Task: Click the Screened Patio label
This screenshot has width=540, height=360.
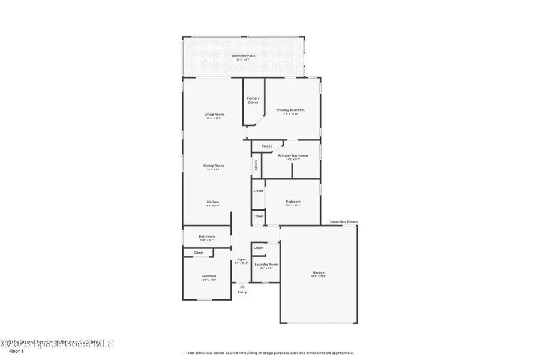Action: coord(243,56)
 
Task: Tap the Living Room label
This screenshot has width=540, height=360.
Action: coord(214,114)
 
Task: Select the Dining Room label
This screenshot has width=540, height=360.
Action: coord(214,165)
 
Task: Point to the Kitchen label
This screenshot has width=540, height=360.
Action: coord(213,202)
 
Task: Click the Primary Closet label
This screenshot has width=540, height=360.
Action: coord(253,100)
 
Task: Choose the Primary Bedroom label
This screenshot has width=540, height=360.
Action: coord(290,110)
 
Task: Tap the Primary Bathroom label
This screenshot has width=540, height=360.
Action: coord(293,155)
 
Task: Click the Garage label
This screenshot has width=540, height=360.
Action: coord(318,272)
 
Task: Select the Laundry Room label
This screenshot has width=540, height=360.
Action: coord(266,264)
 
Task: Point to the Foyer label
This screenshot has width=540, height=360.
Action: coord(241,260)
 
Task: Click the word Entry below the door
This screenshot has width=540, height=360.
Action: coord(242,292)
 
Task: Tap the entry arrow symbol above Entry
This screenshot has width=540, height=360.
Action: coord(242,286)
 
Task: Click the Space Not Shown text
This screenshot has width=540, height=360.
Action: coord(343,221)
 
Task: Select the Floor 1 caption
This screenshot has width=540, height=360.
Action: coord(16,351)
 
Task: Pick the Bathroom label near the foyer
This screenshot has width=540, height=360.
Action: coord(207,236)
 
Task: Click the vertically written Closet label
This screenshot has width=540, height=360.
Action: coord(256,164)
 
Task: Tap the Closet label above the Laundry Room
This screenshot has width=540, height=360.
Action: coord(259,247)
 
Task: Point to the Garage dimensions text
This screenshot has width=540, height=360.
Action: coord(318,277)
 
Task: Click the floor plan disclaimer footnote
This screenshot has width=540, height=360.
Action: coord(269,353)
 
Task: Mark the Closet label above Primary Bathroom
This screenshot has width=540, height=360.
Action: coord(266,146)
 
